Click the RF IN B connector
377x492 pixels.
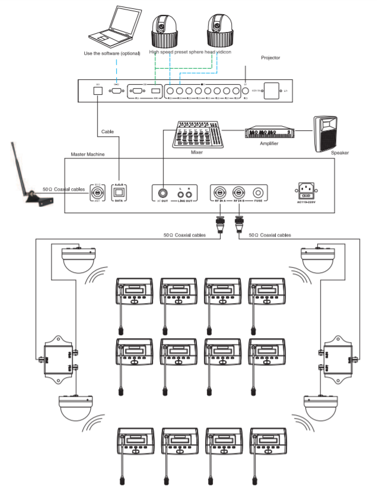[239, 192]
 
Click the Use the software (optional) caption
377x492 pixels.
[112, 53]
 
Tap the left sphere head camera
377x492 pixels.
[164, 30]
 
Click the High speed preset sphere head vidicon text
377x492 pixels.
[190, 52]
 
